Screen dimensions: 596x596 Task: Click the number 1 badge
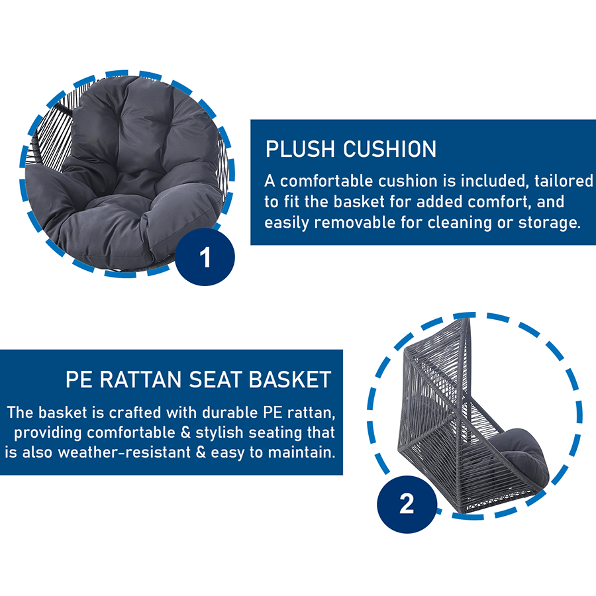[205, 257]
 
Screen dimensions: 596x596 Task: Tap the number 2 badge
[407, 504]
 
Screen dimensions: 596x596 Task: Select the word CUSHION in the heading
[390, 149]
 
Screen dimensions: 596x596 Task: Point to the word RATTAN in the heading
[140, 379]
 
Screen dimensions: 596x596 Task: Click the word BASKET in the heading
[291, 379]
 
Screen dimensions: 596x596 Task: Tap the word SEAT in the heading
[215, 379]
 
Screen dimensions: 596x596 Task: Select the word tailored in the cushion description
[564, 181]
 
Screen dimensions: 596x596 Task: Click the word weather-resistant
[124, 452]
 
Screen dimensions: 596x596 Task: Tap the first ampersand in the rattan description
[185, 432]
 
